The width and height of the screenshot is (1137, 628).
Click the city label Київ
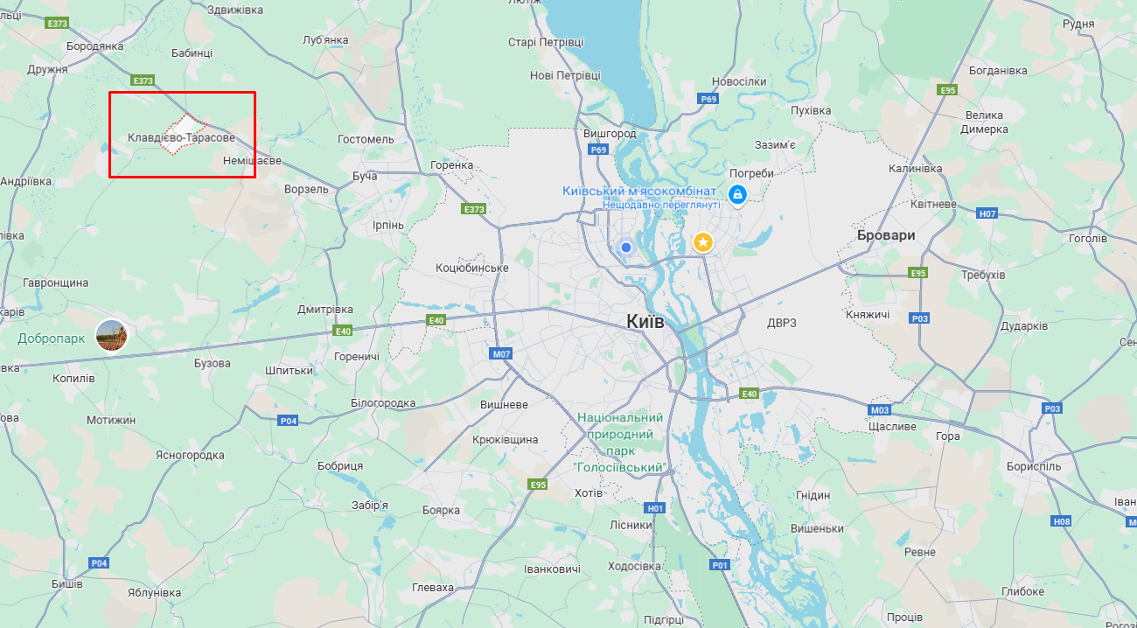tap(645, 322)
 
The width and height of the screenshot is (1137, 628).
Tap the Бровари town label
tap(886, 235)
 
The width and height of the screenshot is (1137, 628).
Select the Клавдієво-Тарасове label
tap(181, 138)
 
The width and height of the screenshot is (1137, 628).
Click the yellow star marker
tap(703, 242)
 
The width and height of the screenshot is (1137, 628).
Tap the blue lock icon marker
tap(737, 193)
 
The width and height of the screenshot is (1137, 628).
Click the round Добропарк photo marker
tap(112, 336)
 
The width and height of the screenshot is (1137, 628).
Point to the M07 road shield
tap(501, 354)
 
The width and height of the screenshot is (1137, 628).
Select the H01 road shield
tap(655, 508)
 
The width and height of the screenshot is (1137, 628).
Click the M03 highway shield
tap(880, 410)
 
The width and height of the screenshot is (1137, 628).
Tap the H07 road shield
tap(987, 213)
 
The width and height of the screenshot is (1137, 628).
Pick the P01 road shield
tap(720, 565)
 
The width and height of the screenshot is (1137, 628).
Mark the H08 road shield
tap(1062, 521)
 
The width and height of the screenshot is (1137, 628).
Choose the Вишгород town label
tap(610, 134)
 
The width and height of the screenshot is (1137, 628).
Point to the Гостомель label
tap(366, 139)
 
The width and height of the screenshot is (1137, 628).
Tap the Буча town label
tap(365, 177)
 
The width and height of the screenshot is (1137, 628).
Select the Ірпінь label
tap(388, 225)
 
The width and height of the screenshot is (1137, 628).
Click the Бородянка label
tap(94, 45)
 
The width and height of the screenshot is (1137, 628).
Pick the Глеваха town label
tap(433, 588)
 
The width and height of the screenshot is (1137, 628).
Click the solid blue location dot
tap(626, 248)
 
